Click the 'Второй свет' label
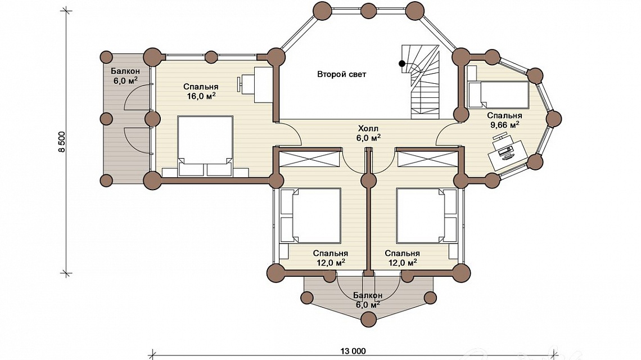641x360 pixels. [x=341, y=74]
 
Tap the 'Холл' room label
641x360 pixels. [x=368, y=128]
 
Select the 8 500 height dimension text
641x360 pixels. [x=62, y=142]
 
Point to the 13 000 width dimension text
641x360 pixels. [x=353, y=351]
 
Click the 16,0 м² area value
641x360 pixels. [x=201, y=96]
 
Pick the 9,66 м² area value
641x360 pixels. [x=505, y=125]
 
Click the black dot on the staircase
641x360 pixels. [x=402, y=64]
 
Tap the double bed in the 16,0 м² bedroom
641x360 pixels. [x=205, y=146]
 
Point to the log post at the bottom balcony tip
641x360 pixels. [x=369, y=319]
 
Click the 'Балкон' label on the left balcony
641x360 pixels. [x=125, y=71]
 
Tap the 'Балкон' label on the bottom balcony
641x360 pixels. [x=368, y=295]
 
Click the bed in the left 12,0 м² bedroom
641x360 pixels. [x=311, y=215]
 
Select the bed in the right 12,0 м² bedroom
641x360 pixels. [x=426, y=215]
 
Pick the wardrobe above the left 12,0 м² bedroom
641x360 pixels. [x=309, y=158]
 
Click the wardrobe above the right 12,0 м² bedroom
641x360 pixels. [x=427, y=158]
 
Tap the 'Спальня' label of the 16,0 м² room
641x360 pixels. [x=201, y=87]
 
